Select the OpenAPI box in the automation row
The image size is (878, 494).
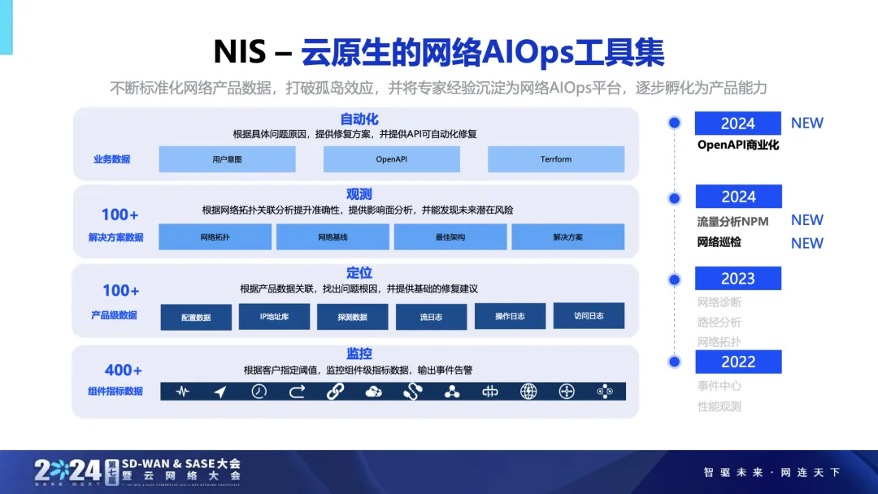(x=391, y=159)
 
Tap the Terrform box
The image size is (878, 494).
(x=556, y=159)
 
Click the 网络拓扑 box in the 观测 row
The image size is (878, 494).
(x=215, y=237)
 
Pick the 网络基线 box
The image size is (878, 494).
(x=333, y=237)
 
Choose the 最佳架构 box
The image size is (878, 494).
(x=450, y=237)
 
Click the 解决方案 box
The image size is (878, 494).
(x=567, y=237)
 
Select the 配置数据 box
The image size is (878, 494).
(x=196, y=317)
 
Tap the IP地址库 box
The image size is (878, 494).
(x=274, y=316)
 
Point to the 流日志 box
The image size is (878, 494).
(x=431, y=317)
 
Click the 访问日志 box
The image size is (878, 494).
(x=589, y=315)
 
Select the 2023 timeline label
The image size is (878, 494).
(x=737, y=279)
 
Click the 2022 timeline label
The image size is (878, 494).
(x=737, y=362)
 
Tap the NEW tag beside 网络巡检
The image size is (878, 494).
(x=806, y=243)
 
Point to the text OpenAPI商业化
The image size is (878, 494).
(x=738, y=145)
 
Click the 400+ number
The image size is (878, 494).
(x=124, y=370)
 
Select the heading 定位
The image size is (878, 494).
(x=359, y=273)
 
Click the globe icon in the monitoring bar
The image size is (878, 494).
(x=528, y=392)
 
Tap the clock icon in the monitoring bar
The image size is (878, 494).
(x=259, y=392)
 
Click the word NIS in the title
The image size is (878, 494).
(x=240, y=53)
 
